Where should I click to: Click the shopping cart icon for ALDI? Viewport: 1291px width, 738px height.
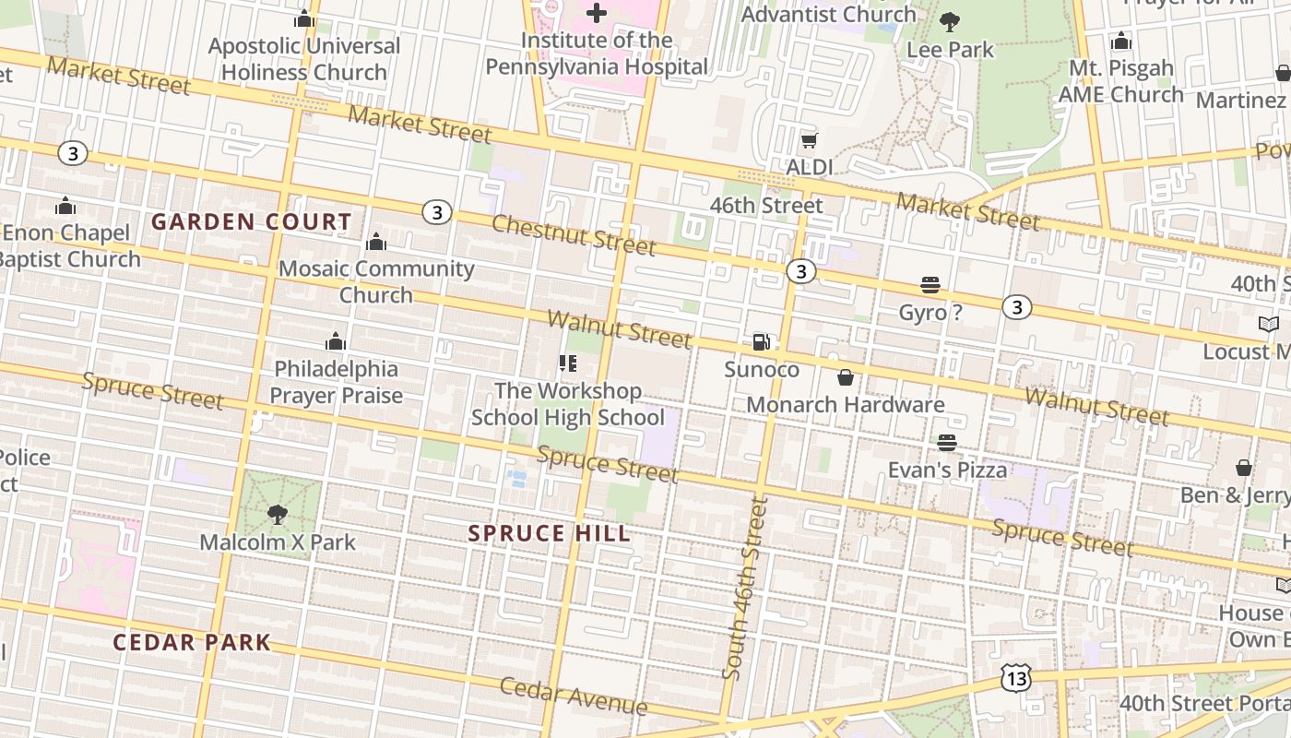coord(809,141)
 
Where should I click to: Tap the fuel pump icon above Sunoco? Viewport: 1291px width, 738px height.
coord(762,342)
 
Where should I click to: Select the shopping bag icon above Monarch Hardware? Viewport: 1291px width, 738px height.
coord(845,377)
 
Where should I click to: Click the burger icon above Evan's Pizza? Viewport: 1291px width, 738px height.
coord(947,443)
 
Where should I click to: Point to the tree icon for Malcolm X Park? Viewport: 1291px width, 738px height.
coord(277,514)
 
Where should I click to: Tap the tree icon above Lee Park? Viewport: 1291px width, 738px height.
coord(949,21)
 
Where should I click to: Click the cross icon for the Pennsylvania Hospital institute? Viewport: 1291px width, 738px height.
coord(597,13)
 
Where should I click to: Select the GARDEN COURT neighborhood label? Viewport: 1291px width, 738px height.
coord(252,221)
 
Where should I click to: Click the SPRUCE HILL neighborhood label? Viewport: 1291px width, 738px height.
coord(550,533)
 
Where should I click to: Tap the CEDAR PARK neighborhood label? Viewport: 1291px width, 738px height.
coord(192,642)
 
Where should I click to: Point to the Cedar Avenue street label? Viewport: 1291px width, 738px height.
coord(574,696)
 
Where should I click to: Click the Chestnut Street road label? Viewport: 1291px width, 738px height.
coord(574,234)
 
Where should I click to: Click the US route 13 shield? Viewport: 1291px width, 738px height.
coord(1015,678)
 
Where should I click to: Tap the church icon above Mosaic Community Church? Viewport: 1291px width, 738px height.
coord(376,243)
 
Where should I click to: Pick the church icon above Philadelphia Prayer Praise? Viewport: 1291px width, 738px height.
coord(336,342)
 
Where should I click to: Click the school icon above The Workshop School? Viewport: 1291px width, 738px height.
coord(568,363)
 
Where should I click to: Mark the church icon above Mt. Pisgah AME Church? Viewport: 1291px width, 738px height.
coord(1121,42)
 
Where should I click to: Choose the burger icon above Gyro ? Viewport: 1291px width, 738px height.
coord(930,286)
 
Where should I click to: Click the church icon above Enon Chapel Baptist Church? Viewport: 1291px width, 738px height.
coord(65,206)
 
